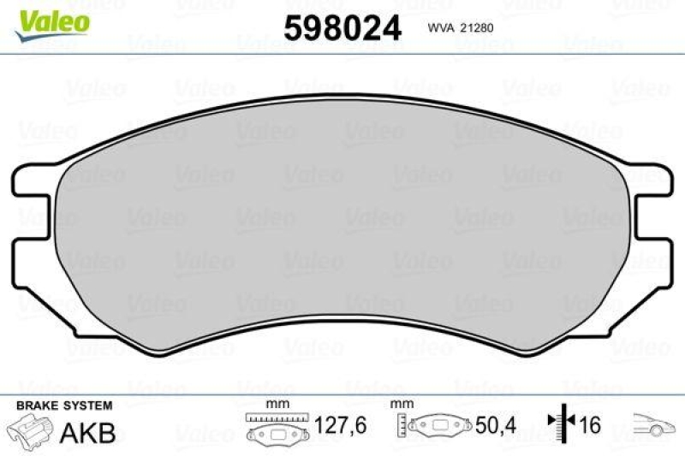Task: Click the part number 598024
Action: click(x=342, y=29)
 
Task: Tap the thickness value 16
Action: click(x=590, y=425)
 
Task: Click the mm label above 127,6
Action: click(x=275, y=404)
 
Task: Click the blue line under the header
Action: click(x=342, y=54)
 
